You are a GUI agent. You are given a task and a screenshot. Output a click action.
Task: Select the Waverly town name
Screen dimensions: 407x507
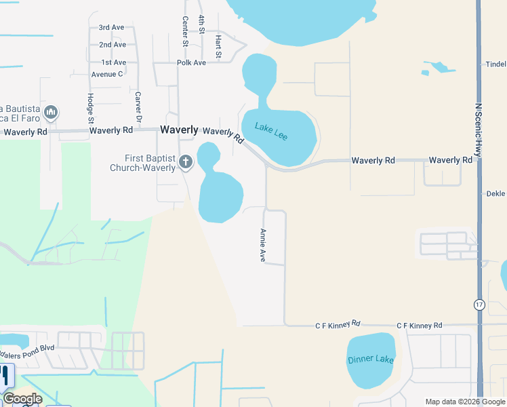tap(179, 130)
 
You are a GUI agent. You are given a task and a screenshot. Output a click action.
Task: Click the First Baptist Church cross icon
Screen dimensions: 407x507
tap(186, 162)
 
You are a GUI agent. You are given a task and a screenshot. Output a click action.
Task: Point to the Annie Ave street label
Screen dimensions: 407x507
tap(262, 245)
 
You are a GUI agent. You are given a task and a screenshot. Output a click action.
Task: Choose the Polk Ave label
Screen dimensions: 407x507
tap(191, 62)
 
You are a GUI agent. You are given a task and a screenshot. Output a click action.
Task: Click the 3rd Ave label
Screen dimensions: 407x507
tap(111, 28)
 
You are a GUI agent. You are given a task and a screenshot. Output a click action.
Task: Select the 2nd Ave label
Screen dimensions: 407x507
tap(113, 45)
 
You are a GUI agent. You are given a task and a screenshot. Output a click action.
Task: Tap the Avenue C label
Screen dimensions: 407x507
tap(106, 74)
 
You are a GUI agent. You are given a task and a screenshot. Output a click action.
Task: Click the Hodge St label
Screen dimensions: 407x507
tap(90, 107)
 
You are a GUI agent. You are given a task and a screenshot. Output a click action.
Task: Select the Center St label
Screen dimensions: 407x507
tap(184, 32)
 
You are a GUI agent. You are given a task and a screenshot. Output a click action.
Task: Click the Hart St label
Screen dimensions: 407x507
tap(218, 46)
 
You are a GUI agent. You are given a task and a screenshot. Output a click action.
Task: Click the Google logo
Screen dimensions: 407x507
tap(22, 399)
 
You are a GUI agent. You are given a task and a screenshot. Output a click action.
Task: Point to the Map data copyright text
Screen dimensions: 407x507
tap(465, 402)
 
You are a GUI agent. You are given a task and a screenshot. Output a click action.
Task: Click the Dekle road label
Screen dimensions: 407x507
tap(497, 193)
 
